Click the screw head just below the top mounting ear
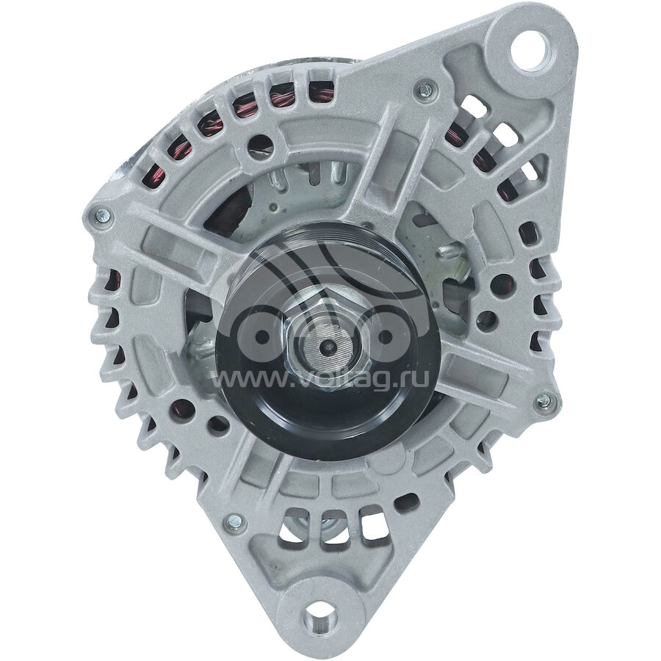click(424, 90)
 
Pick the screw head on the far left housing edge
click(102, 216)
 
